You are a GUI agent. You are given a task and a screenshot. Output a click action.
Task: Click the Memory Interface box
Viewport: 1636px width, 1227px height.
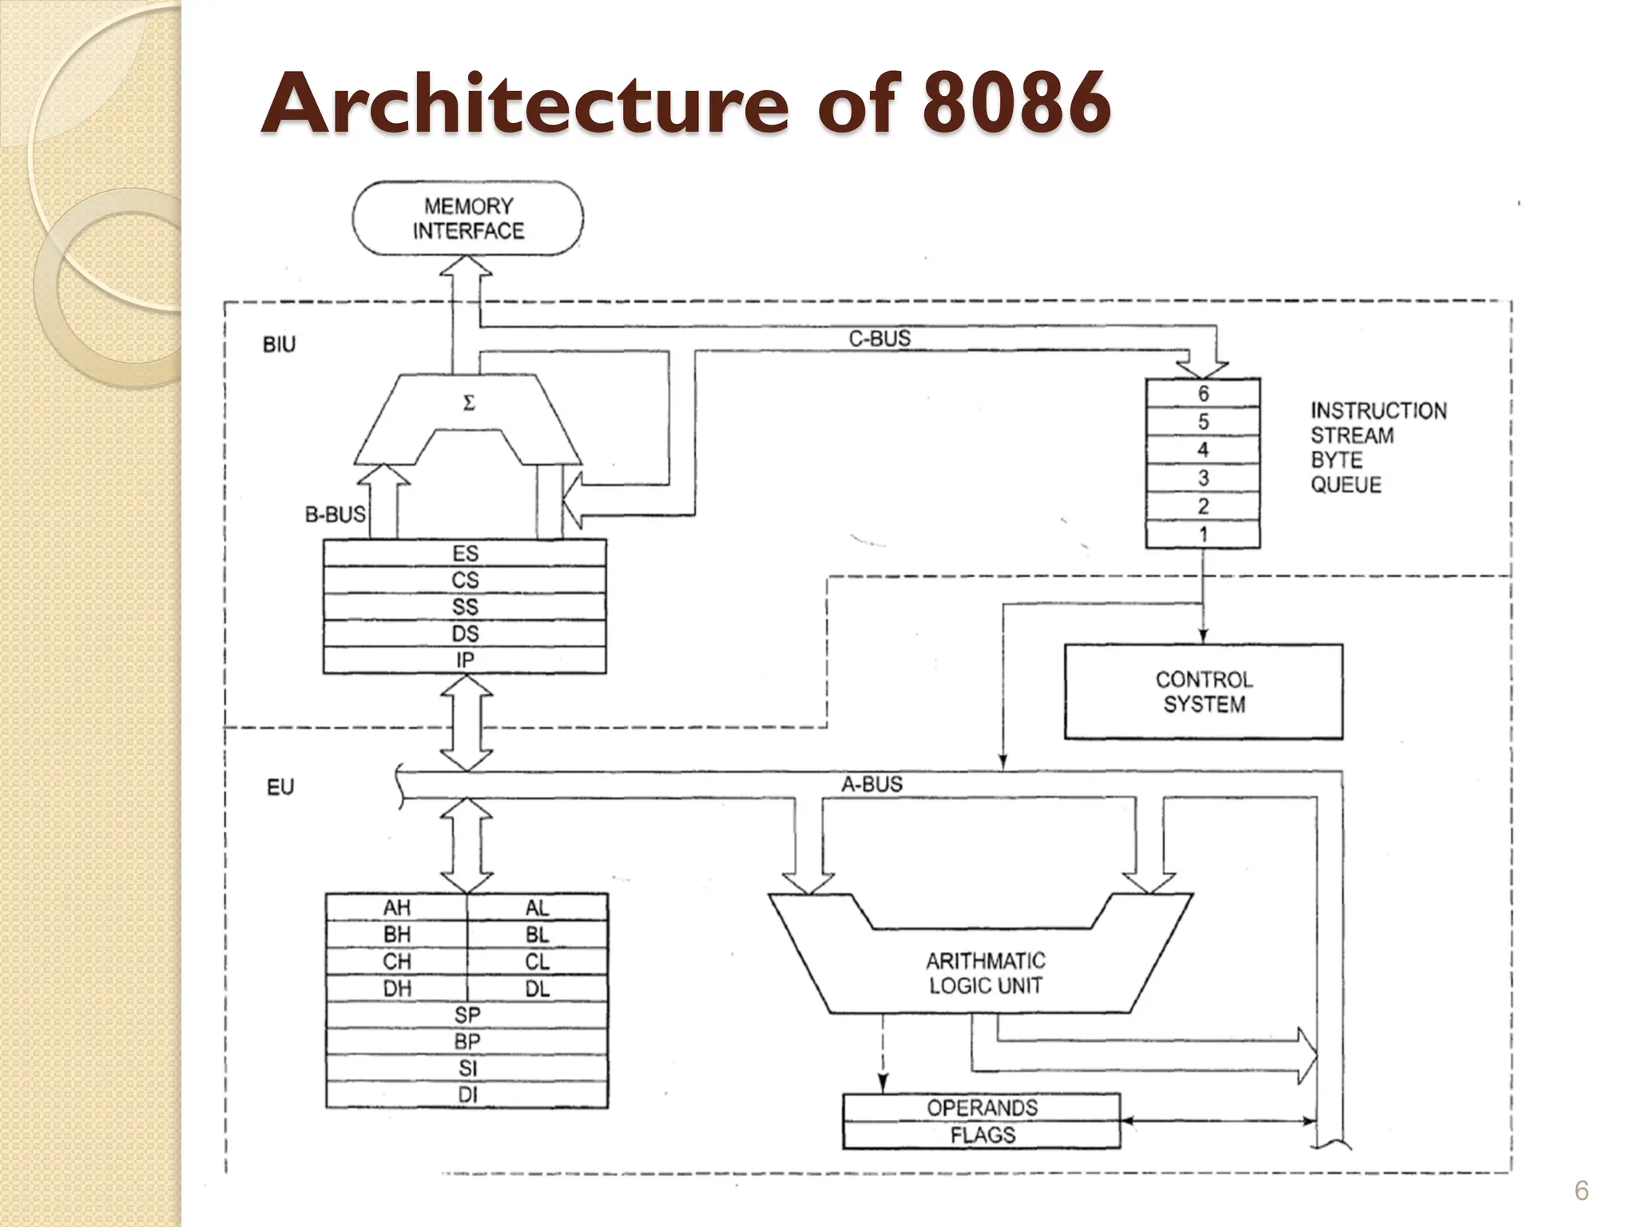[468, 218]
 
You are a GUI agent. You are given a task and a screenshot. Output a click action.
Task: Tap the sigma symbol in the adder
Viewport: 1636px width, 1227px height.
[469, 403]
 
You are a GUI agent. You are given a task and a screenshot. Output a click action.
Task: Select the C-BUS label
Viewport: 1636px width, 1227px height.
[879, 339]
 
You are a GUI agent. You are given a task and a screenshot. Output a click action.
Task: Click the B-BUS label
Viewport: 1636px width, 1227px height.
[335, 514]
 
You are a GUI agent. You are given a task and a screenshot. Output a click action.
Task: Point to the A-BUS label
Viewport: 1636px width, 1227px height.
[872, 784]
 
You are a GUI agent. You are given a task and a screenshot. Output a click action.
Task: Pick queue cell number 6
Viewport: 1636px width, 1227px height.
[1202, 394]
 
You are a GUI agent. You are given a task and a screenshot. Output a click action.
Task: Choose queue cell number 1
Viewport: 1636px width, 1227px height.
[1202, 534]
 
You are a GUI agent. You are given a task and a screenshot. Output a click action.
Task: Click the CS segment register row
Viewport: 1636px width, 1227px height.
[465, 580]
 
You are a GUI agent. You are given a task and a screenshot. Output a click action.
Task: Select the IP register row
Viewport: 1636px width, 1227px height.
[465, 660]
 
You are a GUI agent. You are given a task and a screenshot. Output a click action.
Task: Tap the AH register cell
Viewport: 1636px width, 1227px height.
[396, 907]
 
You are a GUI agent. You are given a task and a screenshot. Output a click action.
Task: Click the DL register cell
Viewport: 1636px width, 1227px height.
[537, 988]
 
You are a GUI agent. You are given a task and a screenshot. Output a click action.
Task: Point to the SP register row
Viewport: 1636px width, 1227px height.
[467, 1015]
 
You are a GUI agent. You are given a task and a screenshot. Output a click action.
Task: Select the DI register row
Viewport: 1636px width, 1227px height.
[467, 1094]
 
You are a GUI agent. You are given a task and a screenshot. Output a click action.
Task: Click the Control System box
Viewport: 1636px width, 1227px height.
[1203, 692]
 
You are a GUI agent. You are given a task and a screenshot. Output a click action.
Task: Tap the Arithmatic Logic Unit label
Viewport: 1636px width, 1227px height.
[985, 973]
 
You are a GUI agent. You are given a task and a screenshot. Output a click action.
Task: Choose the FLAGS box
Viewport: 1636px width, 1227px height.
[982, 1135]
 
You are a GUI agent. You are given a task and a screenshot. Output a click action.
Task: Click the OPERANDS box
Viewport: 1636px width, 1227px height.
[982, 1108]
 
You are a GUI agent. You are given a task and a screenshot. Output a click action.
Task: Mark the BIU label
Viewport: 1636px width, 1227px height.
[279, 344]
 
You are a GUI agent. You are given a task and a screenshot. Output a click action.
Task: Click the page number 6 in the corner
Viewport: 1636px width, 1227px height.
[1581, 1191]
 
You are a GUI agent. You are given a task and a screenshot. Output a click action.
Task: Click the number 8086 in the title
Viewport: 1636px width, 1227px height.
[1015, 103]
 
